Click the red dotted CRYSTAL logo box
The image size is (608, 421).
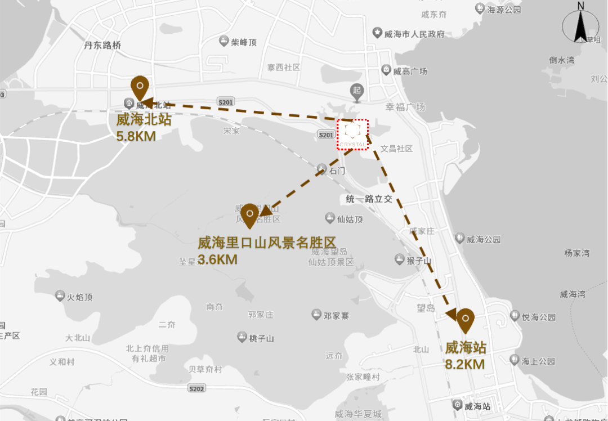pyautogui.click(x=352, y=135)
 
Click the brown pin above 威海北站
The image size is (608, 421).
pyautogui.click(x=139, y=88)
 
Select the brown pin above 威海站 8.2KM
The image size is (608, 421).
pyautogui.click(x=465, y=320)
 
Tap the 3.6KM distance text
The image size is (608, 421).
pyautogui.click(x=217, y=259)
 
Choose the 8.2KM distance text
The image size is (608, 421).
pyautogui.click(x=464, y=364)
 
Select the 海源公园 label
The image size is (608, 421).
pyautogui.click(x=504, y=10)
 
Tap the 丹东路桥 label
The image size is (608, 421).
pyautogui.click(x=102, y=45)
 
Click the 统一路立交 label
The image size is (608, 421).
pyautogui.click(x=369, y=199)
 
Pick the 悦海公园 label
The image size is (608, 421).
pyautogui.click(x=538, y=317)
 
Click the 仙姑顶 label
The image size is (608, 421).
pyautogui.click(x=349, y=218)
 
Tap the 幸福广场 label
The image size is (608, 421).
pyautogui.click(x=405, y=107)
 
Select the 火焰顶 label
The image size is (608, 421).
pyautogui.click(x=79, y=297)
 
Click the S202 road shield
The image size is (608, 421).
pyautogui.click(x=197, y=389)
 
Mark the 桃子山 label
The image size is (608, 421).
pyautogui.click(x=261, y=338)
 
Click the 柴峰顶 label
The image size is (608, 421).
pyautogui.click(x=243, y=42)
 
